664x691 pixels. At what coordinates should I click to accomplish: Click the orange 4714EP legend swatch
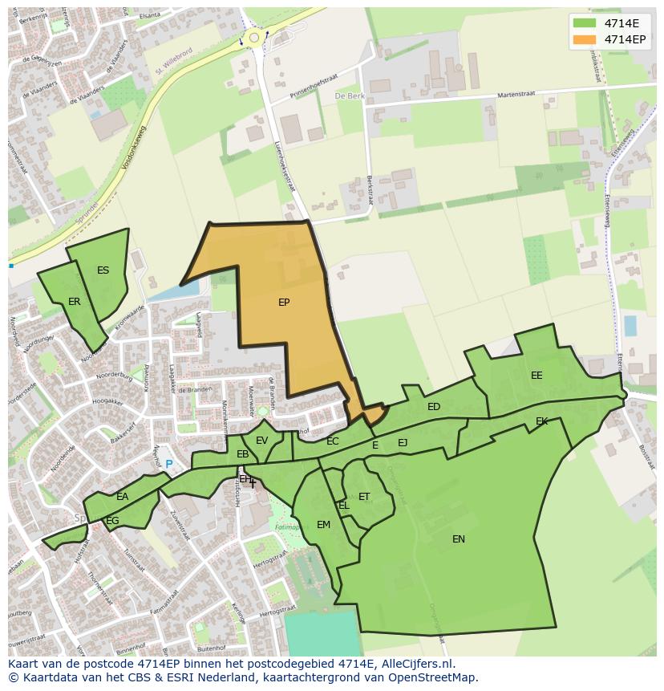[x=585, y=39]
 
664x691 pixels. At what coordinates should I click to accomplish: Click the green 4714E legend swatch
[x=585, y=23]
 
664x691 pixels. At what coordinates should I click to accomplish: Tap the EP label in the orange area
[x=284, y=303]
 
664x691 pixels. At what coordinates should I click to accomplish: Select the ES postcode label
[x=103, y=270]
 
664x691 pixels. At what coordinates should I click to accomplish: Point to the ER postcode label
[x=75, y=302]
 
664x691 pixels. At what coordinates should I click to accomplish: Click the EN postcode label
[x=459, y=539]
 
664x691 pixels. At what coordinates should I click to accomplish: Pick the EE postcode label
[x=536, y=376]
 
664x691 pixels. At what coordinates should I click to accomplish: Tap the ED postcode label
[x=434, y=407]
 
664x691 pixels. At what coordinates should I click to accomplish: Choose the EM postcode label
[x=323, y=525]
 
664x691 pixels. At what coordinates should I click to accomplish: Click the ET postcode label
[x=364, y=497]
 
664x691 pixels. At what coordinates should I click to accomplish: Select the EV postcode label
[x=261, y=441]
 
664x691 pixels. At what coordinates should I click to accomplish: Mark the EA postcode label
[x=122, y=497]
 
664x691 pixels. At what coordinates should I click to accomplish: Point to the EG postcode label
[x=112, y=521]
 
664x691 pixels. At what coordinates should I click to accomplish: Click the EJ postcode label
[x=403, y=443]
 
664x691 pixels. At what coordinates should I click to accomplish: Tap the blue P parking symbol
[x=169, y=464]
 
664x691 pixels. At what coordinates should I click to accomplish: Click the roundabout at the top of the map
[x=255, y=37]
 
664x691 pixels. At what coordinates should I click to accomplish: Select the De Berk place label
[x=349, y=96]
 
